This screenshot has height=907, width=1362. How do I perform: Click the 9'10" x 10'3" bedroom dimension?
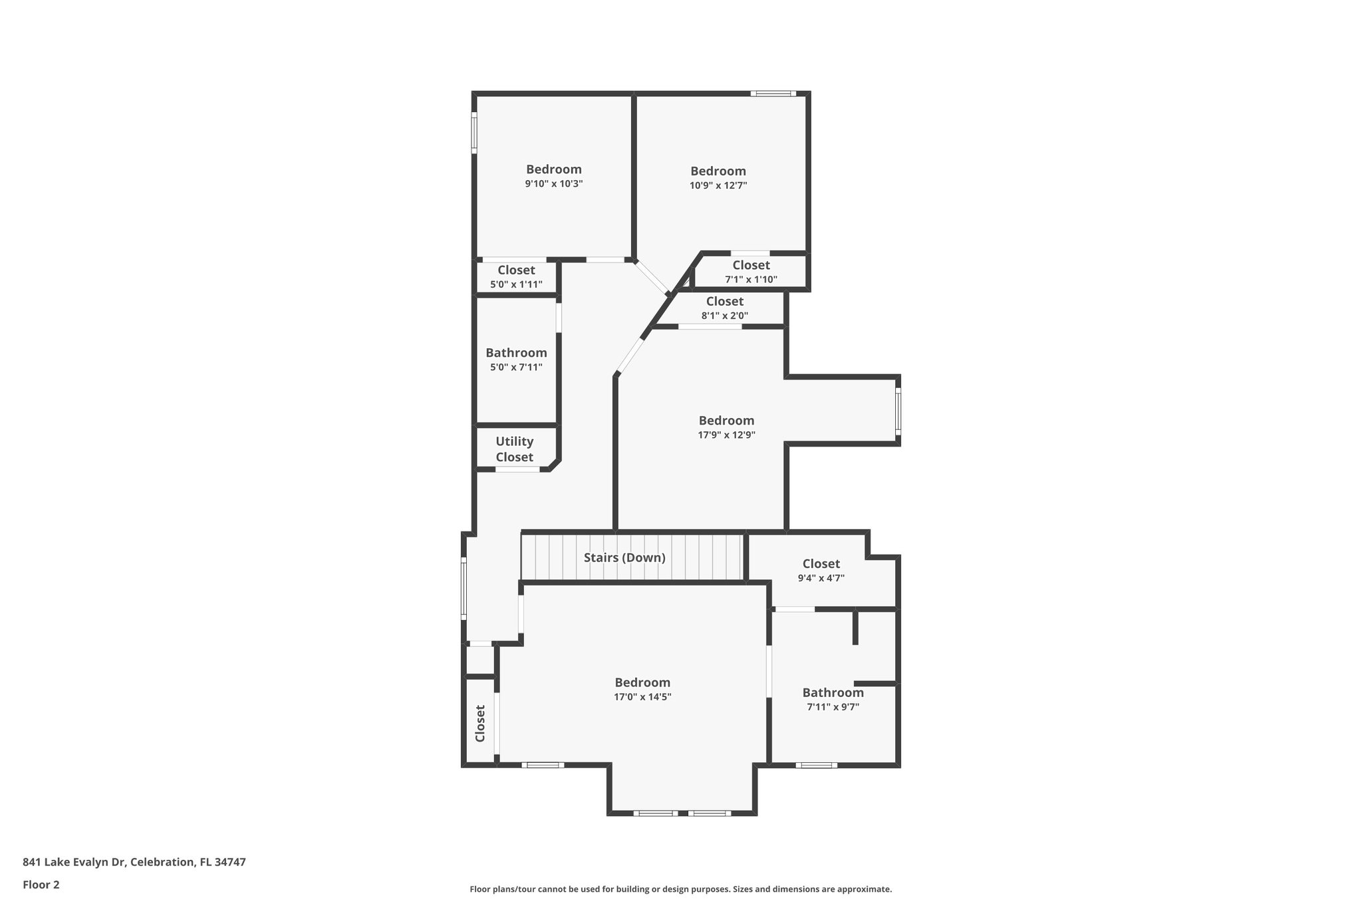point(553,184)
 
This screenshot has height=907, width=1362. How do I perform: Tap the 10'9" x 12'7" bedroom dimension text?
point(718,185)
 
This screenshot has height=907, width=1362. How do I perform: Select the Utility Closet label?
point(514,449)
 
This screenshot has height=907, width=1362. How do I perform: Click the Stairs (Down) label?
point(624,557)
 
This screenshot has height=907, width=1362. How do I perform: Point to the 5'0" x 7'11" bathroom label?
point(516,359)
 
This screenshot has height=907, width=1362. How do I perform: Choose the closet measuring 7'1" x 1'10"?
point(751,272)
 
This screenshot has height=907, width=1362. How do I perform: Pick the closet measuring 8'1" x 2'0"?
point(724,308)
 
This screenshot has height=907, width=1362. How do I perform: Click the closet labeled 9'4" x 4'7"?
point(821,570)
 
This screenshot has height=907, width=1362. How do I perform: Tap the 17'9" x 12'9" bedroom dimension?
point(726,435)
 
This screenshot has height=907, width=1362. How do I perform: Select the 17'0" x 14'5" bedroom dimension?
point(642,697)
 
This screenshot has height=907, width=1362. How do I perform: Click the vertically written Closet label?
point(480,723)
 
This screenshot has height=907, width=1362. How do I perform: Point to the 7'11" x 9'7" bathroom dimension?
point(833,707)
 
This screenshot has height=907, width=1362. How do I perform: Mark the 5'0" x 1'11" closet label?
point(516,277)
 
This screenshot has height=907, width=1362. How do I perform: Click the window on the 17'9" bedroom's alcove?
point(898,411)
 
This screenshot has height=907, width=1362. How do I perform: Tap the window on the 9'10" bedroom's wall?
point(474,132)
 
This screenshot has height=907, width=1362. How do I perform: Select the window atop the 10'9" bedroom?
point(773,94)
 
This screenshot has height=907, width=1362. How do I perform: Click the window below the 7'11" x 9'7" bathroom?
point(817,765)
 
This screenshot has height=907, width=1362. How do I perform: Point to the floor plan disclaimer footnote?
point(680,889)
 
